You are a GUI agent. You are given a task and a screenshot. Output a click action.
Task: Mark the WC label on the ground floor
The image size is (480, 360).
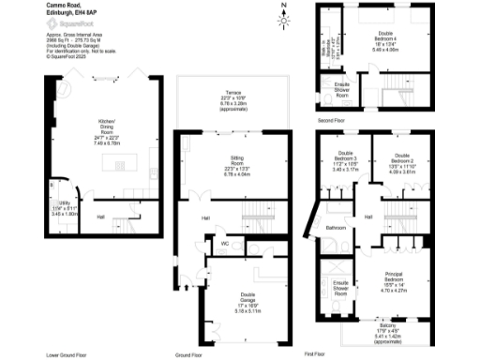224,243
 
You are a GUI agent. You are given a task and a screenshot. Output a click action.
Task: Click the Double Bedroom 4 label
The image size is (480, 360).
379,37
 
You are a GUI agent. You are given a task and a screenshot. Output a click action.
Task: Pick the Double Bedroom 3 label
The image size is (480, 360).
344,161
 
